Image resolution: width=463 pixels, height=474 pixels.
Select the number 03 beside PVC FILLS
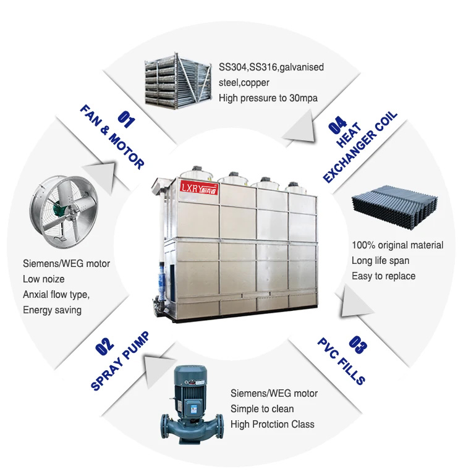[357, 344]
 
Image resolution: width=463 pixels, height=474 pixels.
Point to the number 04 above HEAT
[338, 126]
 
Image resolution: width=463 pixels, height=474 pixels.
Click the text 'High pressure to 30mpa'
[268, 97]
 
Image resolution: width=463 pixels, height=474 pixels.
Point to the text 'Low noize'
[44, 279]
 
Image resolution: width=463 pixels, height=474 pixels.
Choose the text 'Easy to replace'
[383, 276]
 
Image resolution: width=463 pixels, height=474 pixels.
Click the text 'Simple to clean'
[262, 408]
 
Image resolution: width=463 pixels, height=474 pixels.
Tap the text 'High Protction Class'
[272, 424]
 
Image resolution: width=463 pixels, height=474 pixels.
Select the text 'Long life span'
[380, 260]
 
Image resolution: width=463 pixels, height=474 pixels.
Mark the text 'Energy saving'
[52, 310]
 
